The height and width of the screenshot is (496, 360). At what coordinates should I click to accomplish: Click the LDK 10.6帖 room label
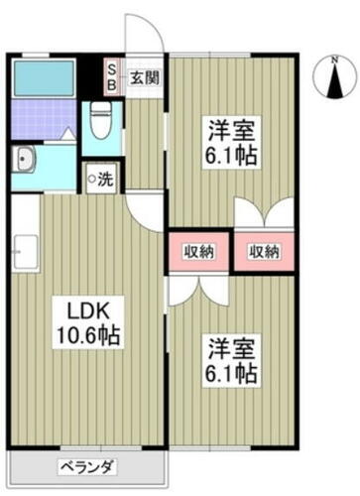(88, 322)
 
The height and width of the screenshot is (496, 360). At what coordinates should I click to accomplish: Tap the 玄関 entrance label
(145, 78)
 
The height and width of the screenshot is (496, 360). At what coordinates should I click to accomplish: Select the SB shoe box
(112, 77)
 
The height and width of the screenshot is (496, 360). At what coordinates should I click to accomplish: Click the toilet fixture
(101, 120)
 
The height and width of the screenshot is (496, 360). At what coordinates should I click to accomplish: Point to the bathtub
(44, 78)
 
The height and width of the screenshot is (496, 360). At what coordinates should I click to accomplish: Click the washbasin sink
(24, 159)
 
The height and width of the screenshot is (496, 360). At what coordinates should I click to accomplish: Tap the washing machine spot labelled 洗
(101, 179)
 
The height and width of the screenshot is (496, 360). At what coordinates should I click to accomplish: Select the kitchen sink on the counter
(26, 252)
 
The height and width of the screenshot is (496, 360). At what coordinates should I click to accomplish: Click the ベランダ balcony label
(87, 467)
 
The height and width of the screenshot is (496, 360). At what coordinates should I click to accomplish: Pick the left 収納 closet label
(198, 252)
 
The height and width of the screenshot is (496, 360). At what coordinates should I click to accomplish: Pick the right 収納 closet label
(264, 252)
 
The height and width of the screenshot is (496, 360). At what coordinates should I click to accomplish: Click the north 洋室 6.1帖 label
(231, 143)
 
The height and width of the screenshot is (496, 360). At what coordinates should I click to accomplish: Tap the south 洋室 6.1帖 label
(231, 361)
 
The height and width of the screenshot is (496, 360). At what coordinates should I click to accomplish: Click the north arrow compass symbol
(335, 78)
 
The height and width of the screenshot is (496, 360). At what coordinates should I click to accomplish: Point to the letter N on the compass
(335, 61)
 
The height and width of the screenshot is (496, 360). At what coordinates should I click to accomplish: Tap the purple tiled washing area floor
(44, 119)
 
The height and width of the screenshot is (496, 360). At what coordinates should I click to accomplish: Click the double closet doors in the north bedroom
(264, 212)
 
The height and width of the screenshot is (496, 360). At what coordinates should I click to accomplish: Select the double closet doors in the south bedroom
(198, 291)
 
